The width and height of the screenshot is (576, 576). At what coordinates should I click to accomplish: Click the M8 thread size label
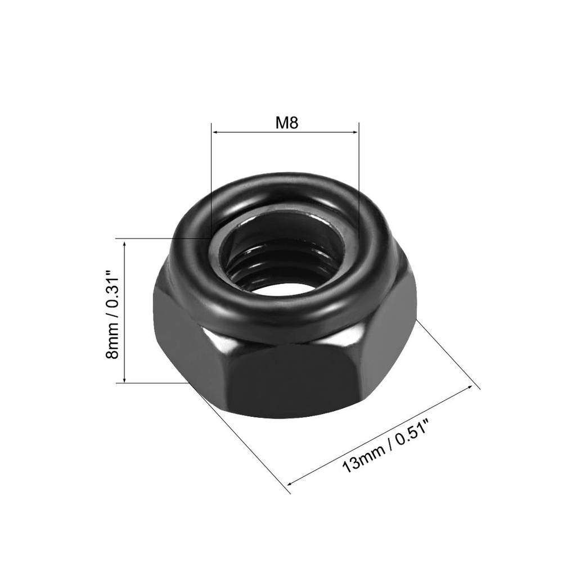tap(286, 123)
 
